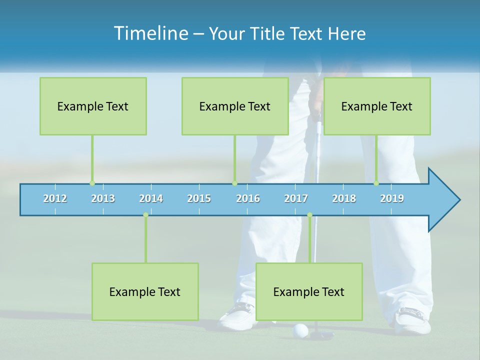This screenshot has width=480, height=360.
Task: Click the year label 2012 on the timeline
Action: (55, 198)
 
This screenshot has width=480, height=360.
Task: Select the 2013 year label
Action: (103, 198)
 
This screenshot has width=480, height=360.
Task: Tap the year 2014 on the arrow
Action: (151, 198)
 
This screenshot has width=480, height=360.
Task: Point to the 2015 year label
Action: (199, 198)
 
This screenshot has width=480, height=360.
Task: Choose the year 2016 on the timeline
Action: (248, 198)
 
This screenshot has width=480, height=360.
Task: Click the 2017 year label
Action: (296, 198)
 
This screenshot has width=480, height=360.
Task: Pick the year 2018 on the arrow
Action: (344, 198)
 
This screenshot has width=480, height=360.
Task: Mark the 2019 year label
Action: (392, 198)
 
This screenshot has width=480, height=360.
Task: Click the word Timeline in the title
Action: (150, 33)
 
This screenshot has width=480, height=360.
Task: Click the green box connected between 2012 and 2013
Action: (93, 106)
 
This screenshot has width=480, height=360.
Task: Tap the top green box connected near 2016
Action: (235, 106)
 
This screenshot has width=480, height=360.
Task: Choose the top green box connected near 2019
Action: (377, 106)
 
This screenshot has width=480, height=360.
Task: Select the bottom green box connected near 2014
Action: (145, 291)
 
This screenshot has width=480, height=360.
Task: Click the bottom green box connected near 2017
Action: (309, 291)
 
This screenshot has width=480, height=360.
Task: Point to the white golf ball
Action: (300, 330)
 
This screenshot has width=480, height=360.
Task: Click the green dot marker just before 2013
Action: (92, 183)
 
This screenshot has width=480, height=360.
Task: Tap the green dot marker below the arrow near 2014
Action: (145, 215)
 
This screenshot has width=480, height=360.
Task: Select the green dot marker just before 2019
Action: (376, 183)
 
